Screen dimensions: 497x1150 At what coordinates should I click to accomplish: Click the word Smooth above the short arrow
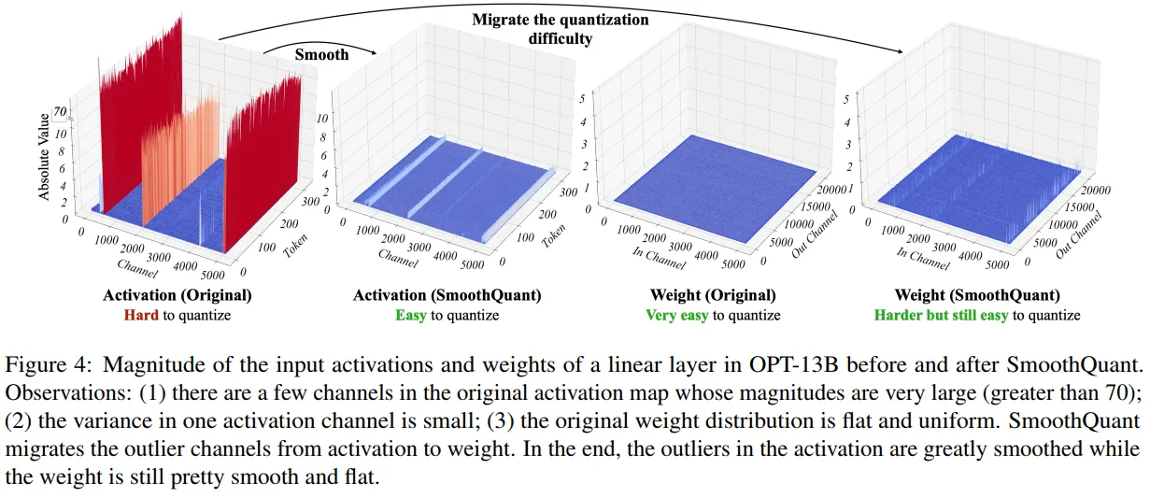321,54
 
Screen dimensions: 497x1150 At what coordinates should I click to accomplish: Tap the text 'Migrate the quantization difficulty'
560,29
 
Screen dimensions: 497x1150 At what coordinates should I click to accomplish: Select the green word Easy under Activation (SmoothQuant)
411,316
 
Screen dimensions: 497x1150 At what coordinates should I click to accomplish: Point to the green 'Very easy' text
677,316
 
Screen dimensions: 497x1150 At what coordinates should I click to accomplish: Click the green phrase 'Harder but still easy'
941,316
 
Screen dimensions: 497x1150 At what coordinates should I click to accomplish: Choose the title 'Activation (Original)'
177,296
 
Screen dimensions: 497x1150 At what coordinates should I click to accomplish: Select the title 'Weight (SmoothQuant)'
976,296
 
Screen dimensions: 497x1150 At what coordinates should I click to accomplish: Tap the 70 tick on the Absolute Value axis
61,110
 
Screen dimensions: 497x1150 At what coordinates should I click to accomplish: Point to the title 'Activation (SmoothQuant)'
447,296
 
